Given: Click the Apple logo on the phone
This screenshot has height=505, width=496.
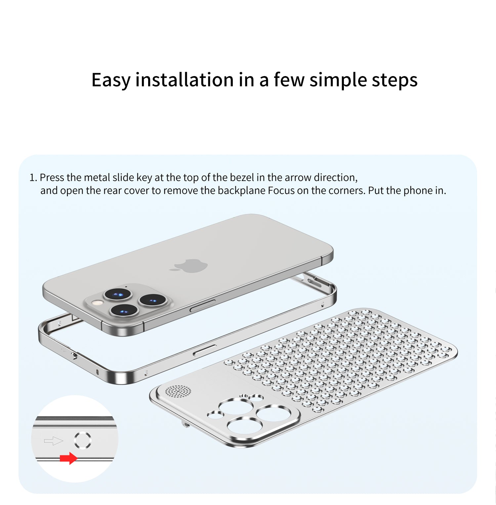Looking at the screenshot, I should [x=189, y=266].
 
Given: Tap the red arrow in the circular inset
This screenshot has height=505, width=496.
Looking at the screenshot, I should [x=69, y=458].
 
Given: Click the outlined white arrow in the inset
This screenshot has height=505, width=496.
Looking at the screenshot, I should [x=53, y=441].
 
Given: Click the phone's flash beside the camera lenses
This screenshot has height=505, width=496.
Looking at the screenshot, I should [x=97, y=302].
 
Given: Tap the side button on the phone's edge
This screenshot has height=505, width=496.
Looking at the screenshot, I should [x=202, y=306].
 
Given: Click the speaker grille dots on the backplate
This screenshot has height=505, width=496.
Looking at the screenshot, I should [x=178, y=391].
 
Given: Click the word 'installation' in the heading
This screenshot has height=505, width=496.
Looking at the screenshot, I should [x=185, y=80].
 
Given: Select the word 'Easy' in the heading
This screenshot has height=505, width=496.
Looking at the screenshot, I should [x=111, y=80].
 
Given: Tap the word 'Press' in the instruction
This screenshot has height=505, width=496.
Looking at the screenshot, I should [x=52, y=178].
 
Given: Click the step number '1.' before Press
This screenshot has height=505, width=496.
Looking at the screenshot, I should [x=33, y=178].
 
